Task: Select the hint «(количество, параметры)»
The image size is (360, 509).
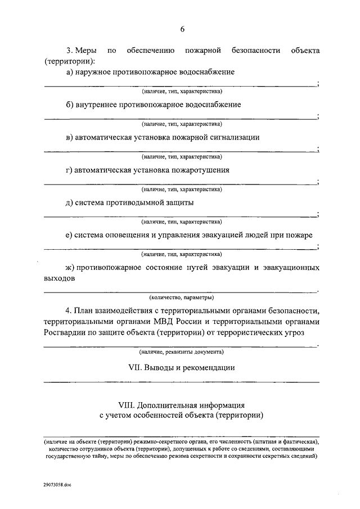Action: (182, 297)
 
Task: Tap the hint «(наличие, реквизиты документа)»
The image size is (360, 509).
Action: (182, 352)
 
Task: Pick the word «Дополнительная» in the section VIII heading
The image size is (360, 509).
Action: (168, 405)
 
